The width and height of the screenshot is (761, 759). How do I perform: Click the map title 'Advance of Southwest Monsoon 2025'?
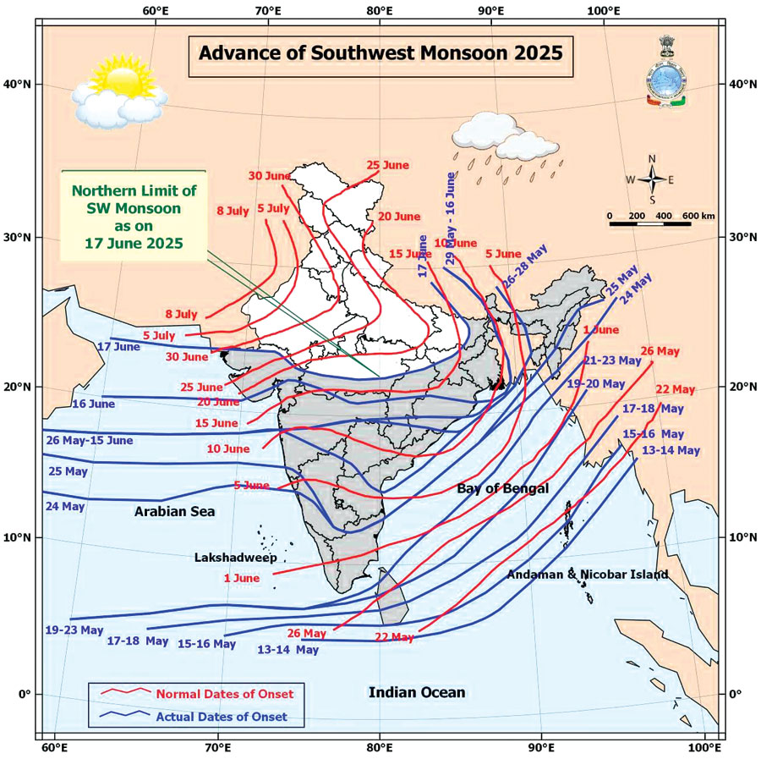coord(380,53)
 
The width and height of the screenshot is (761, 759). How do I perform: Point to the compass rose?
coord(652,179)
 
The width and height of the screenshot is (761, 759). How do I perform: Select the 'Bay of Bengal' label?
coord(502,489)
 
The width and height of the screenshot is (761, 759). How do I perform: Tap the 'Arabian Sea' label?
coord(174,512)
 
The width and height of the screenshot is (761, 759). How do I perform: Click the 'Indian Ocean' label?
coord(416,692)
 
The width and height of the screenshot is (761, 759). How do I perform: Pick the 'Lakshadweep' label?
coord(235,558)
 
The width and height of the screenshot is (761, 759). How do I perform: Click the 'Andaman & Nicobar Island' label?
coord(588,575)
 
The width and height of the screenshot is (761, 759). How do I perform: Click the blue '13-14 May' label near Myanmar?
coord(671,450)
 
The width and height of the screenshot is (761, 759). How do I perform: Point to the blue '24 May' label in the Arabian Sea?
coord(65,506)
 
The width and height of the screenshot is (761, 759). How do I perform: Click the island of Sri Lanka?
coord(393,595)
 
